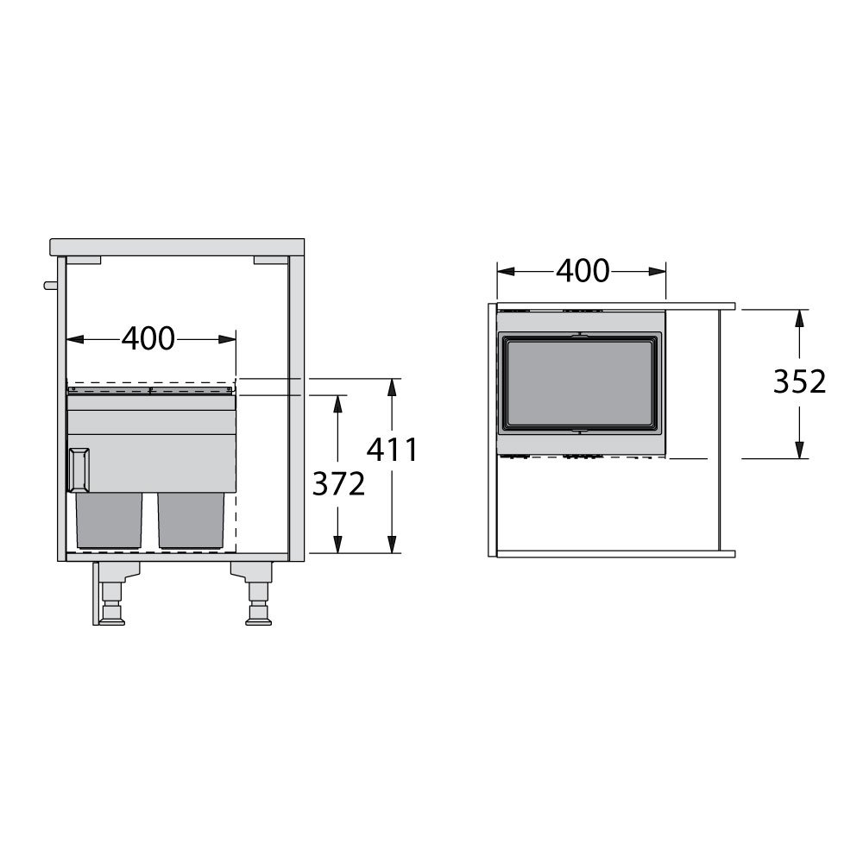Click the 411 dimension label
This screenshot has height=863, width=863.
point(393,450)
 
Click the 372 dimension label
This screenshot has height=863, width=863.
point(338,484)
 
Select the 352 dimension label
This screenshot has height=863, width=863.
point(800,381)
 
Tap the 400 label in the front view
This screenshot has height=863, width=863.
point(148,338)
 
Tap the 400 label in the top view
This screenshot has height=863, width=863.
point(583,271)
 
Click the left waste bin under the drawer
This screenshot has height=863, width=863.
point(109,520)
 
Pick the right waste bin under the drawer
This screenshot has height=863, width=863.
point(191,520)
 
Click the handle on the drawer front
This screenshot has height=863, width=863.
point(79,469)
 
